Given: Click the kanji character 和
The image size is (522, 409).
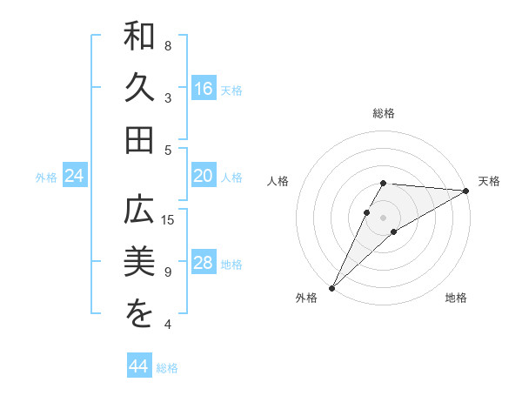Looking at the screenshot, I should click(x=140, y=38).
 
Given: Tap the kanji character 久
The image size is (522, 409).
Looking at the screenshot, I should click(x=140, y=90).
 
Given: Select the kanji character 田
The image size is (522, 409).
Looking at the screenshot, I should click(x=140, y=141).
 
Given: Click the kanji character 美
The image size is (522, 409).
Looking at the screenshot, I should click(x=140, y=263).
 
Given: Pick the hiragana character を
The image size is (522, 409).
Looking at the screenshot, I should click(x=140, y=315).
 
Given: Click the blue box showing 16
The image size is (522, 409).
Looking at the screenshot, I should click(x=204, y=89).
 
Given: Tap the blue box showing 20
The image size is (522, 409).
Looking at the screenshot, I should click(x=204, y=176).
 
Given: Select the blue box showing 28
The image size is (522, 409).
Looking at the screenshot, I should click(x=204, y=264).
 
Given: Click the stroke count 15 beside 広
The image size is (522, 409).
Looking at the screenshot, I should click(x=169, y=219).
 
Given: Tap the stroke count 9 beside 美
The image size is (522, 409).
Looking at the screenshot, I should click(x=168, y=272).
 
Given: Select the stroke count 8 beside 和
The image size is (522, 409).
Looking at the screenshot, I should click(x=168, y=45).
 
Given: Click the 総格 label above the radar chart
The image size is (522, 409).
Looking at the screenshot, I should click(x=383, y=114).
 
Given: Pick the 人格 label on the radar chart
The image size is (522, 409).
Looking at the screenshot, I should click(x=278, y=181).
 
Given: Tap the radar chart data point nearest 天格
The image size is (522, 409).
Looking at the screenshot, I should click(x=466, y=191).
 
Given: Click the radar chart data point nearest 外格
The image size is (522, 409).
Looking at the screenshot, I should click(x=331, y=288).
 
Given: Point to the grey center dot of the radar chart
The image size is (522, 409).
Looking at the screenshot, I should click(x=383, y=217).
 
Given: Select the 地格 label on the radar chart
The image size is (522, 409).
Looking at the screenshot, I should click(x=456, y=298).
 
